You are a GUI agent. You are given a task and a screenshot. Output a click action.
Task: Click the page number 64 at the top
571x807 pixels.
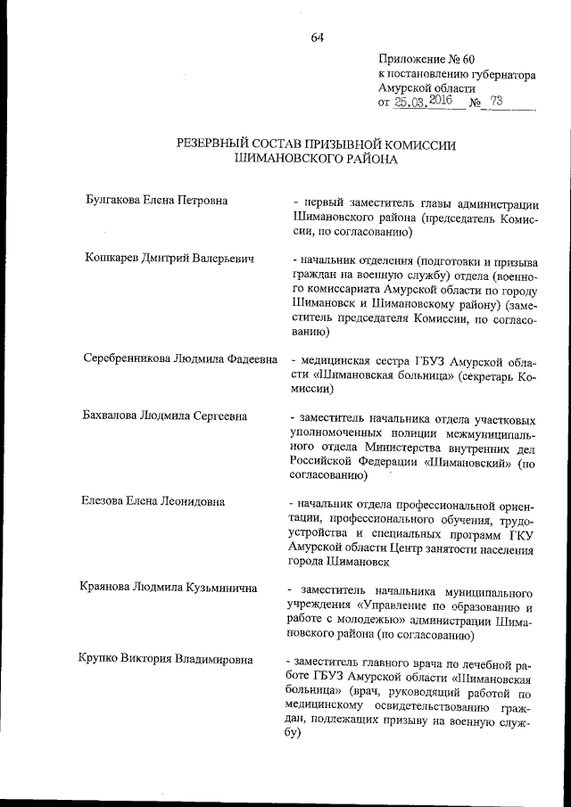point(317,37)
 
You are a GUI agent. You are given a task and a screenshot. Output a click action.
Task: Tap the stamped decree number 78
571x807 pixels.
point(496,103)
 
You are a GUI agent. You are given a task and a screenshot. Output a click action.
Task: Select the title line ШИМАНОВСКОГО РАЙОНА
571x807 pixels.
point(315,160)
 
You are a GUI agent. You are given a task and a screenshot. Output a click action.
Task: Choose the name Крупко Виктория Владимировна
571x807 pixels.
point(166,661)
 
